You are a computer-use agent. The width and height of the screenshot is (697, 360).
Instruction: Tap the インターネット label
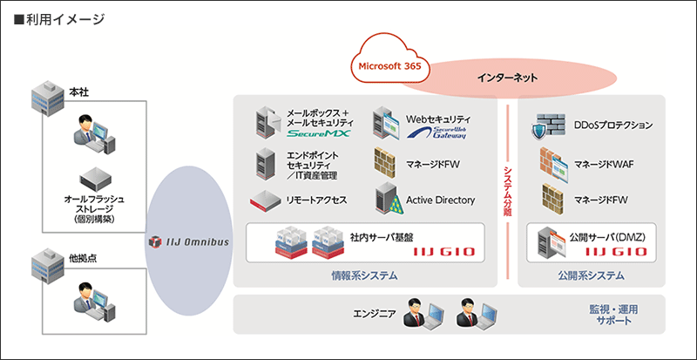tap(507, 78)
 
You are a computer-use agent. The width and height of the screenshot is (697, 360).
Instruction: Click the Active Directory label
tap(441, 200)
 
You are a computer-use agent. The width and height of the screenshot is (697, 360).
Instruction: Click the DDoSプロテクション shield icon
tap(544, 126)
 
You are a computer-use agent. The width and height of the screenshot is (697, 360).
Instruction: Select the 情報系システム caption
tap(364, 275)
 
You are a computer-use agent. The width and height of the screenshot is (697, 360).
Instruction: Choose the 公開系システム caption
tap(592, 275)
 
